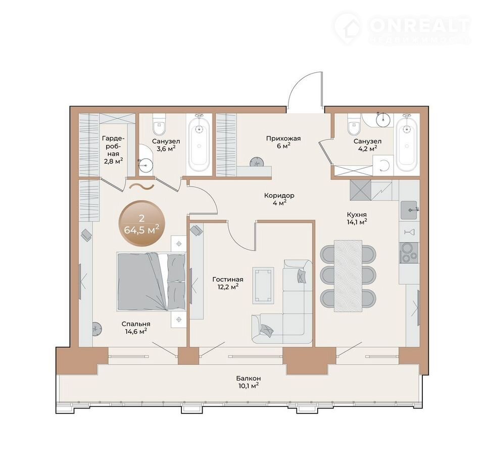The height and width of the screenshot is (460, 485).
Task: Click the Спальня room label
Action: click(x=136, y=324)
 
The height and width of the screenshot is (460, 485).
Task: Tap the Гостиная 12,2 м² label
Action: click(x=228, y=283)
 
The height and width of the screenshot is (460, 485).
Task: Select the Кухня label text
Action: click(x=357, y=214)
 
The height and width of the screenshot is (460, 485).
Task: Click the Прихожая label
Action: click(x=283, y=139)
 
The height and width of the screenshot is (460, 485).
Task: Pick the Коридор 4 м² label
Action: click(x=279, y=199)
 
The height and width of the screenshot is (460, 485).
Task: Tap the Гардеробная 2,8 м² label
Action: click(x=113, y=150)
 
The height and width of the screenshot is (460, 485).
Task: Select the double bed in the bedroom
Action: click(x=151, y=282)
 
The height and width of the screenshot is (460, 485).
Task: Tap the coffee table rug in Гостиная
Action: click(x=263, y=285)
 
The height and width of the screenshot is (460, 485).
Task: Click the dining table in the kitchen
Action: click(x=348, y=276)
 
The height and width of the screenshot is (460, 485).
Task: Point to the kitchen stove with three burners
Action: click(x=409, y=252)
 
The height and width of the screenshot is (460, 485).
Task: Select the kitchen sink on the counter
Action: click(x=409, y=210)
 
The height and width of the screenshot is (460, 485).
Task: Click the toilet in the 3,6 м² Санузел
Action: click(x=159, y=124)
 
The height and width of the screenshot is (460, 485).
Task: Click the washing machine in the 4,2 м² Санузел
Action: click(x=383, y=165)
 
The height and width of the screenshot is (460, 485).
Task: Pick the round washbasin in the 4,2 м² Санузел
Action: click(x=384, y=118)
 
